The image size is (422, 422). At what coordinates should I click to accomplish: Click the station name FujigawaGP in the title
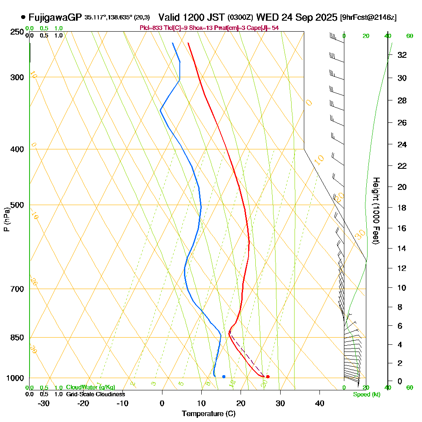[x=55, y=18]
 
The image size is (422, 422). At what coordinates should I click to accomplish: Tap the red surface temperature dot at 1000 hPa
[x=268, y=376]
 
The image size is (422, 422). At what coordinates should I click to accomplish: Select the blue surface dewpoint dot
[x=224, y=376]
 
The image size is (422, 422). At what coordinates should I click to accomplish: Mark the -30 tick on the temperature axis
[x=44, y=403]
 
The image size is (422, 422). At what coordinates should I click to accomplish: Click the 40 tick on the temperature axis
[x=320, y=403]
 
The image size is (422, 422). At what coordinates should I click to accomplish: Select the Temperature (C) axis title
[x=208, y=414]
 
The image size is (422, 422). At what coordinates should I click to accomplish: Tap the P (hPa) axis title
[x=6, y=219]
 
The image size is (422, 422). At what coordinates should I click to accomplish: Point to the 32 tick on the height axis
[x=402, y=55]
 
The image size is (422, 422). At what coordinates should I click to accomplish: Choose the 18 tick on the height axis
[x=402, y=208]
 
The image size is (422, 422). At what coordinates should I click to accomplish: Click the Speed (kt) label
[x=365, y=394]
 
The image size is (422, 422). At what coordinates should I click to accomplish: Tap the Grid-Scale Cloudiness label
[x=95, y=394]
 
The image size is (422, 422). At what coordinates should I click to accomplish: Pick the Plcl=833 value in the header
[x=150, y=28]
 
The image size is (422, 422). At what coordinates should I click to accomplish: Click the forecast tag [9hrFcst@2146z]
[x=368, y=18]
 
